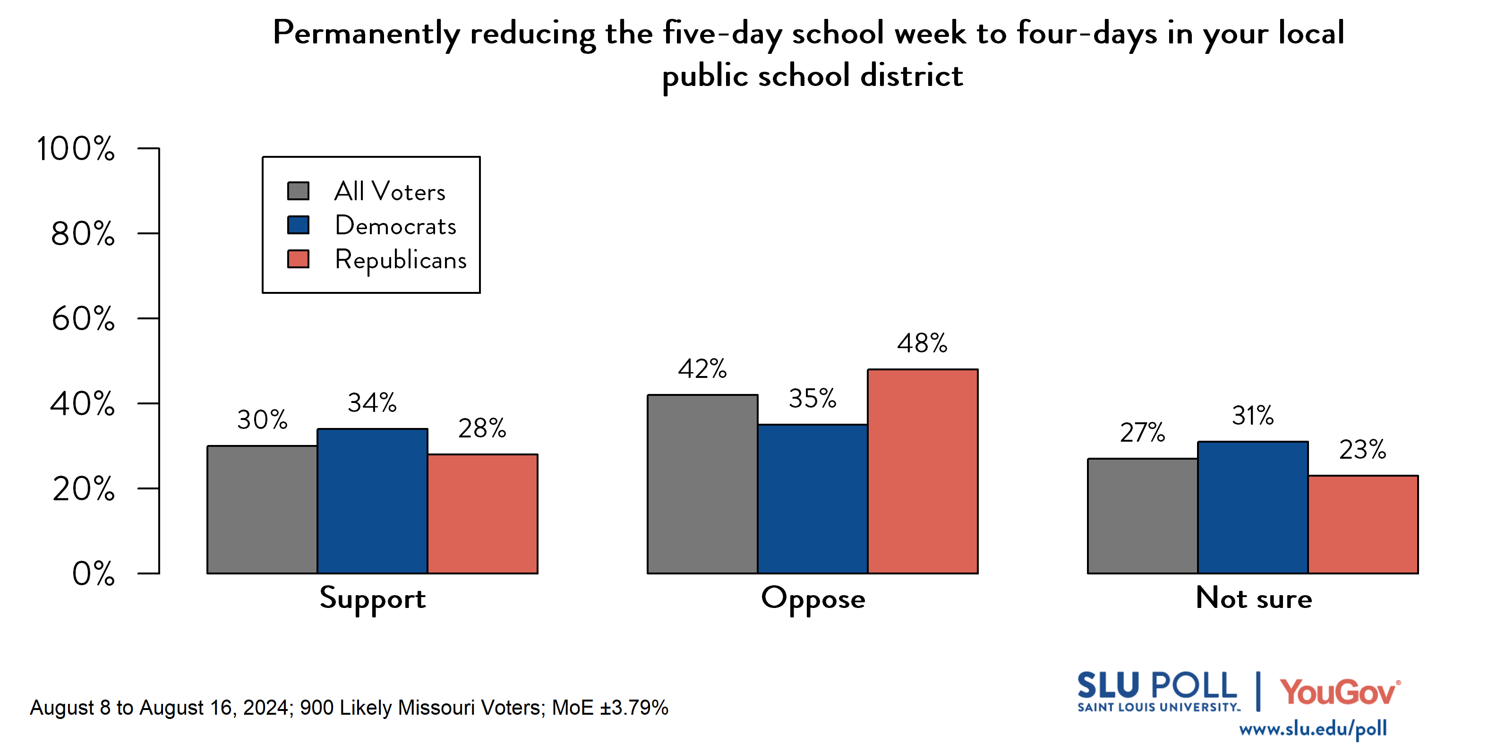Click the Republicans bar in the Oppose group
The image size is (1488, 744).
923,471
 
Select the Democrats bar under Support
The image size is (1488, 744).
373,501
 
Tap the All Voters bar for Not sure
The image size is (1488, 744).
1142,516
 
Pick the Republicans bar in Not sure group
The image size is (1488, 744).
1363,524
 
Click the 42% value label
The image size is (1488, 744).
702,369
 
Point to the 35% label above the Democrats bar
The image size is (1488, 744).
812,399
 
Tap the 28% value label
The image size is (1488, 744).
482,428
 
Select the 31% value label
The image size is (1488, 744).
1252,416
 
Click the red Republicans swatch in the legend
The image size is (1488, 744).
298,259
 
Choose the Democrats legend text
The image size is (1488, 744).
396,225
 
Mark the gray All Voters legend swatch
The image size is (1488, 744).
298,191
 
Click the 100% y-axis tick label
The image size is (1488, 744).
75,148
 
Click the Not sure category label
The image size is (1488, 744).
1254,598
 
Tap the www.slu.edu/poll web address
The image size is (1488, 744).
1312,729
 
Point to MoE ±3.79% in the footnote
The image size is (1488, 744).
610,708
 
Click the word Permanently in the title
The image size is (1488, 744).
366,34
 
